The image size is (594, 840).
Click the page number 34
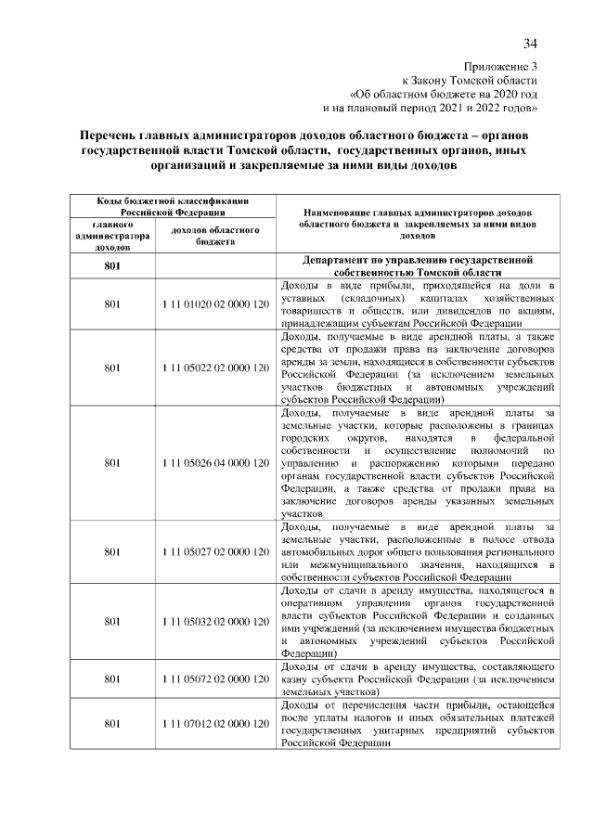point(530,44)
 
